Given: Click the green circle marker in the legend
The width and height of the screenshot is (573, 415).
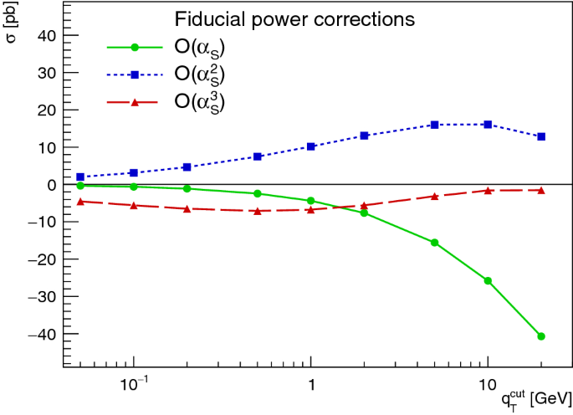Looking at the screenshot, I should point(134,45).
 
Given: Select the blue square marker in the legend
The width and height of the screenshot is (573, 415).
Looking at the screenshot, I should point(134,74).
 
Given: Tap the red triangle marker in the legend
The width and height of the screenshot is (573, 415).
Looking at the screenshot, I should point(134,103).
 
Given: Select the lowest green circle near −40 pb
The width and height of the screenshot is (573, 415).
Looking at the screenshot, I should point(541,336).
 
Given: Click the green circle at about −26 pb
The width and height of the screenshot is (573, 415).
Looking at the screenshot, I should point(488,280).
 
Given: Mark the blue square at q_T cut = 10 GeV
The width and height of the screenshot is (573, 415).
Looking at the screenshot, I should point(488,124).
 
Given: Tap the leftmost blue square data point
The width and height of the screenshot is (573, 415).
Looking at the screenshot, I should point(80,177).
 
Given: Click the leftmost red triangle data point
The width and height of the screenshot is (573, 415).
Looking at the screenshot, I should point(80,201).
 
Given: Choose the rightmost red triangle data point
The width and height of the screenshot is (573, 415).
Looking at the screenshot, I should point(541,190).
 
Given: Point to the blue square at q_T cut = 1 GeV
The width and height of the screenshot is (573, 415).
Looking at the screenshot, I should point(311,146).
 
